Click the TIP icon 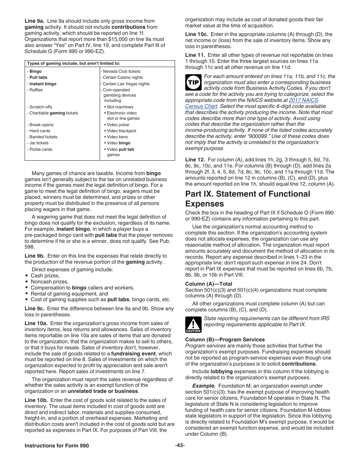point(193,82)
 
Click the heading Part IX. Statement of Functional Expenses point(247,199)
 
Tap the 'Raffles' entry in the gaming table point(36,90)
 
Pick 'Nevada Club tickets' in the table point(121,71)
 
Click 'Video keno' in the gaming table point(117,137)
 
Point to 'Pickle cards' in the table point(41,149)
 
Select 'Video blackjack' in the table point(121,131)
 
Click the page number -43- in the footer point(180,446)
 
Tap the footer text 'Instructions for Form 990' point(57,446)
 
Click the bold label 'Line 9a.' point(34,21)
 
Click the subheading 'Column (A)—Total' point(209,284)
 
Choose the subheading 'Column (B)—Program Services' point(225,339)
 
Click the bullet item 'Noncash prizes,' point(50,281)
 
